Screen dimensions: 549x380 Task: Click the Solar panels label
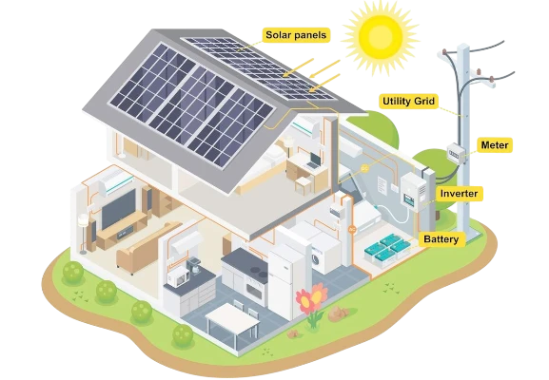point(296,35)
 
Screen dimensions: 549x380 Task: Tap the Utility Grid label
point(408,102)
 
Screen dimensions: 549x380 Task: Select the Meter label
point(495,145)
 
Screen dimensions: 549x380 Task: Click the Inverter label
point(459,194)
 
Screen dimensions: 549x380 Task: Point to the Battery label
point(441,239)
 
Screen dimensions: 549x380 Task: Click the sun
point(381,35)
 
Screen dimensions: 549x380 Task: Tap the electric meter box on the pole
point(457,153)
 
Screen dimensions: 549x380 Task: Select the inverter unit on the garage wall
point(413,192)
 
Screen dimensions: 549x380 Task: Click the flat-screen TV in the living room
point(118,209)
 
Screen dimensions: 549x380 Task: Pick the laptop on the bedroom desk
point(313,161)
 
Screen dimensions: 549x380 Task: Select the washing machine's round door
point(316,259)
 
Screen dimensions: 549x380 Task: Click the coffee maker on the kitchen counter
point(194,266)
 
